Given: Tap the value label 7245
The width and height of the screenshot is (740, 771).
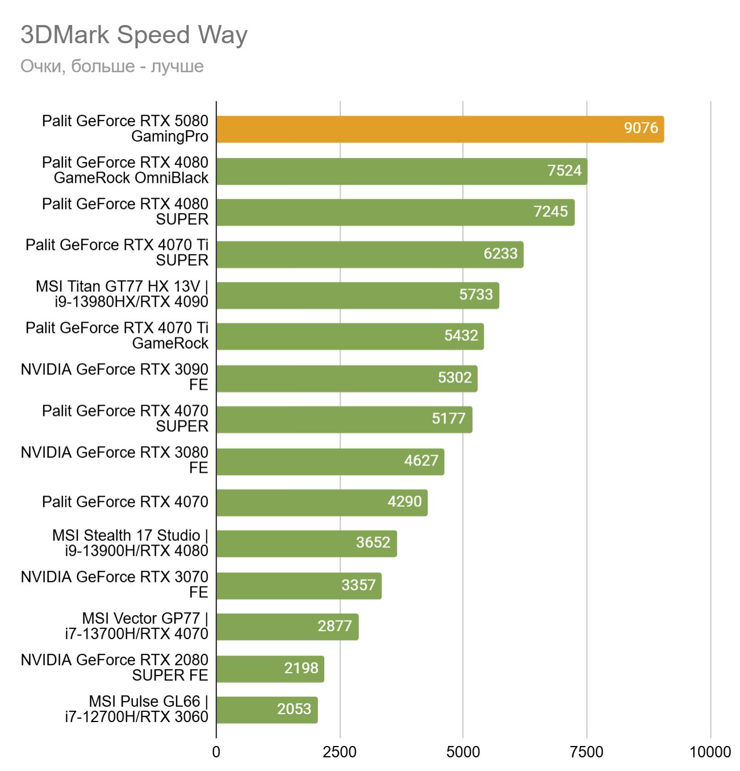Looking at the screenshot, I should (x=550, y=212).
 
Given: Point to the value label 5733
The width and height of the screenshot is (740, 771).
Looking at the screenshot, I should (x=476, y=295).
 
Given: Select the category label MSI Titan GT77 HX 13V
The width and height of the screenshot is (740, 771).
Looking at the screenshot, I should (x=122, y=294).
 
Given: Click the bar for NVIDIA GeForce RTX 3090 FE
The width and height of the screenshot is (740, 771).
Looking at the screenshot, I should (x=346, y=378).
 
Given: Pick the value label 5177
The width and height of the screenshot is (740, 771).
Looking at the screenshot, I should (x=448, y=419).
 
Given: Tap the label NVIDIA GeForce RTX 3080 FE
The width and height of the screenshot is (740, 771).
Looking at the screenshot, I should (x=115, y=460).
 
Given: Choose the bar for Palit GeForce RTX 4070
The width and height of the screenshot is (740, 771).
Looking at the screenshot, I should (x=321, y=502).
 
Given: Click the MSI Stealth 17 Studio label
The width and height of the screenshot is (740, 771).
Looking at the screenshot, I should (x=131, y=543).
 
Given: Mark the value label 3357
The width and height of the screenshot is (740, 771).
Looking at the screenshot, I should (x=358, y=585).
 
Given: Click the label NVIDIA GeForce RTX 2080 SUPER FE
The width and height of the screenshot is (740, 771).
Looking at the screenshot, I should (x=115, y=667).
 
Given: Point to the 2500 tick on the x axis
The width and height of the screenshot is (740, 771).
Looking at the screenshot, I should (x=340, y=752).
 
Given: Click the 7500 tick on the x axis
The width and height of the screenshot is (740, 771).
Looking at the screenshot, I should (x=587, y=752).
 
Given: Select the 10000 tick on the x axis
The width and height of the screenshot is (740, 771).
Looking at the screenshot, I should (x=710, y=752).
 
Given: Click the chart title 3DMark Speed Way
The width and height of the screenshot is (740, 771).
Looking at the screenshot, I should (x=134, y=35).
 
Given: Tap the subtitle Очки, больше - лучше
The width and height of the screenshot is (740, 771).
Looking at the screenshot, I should (x=112, y=66).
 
